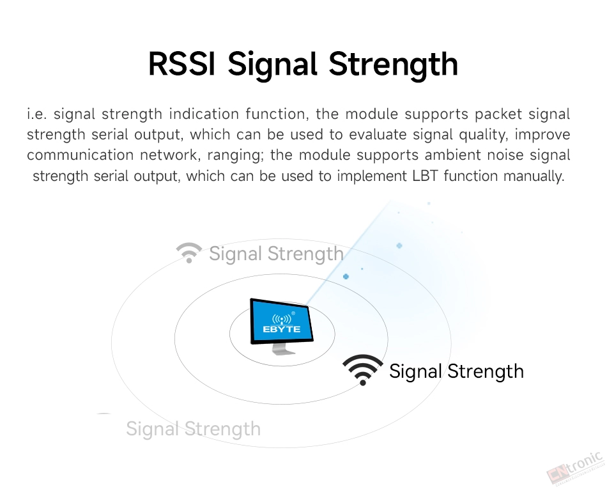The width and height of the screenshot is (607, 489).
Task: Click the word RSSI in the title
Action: (181, 64)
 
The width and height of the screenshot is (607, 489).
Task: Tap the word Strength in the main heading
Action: (394, 65)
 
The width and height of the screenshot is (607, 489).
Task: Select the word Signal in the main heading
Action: (272, 65)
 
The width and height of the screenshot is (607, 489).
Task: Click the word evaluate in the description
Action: (378, 134)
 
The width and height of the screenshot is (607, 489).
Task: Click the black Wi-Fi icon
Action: (363, 369)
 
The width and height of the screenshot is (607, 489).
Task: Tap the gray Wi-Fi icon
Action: (189, 252)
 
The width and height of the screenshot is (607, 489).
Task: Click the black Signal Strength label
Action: (456, 371)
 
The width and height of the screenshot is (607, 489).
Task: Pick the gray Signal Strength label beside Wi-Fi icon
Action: (277, 254)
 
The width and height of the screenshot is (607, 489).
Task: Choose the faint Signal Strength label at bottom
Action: (193, 429)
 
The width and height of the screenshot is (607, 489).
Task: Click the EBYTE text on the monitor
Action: (281, 329)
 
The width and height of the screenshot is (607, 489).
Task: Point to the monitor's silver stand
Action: (282, 349)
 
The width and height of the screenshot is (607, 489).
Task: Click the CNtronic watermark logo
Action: (575, 467)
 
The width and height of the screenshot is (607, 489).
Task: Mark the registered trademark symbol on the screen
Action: (293, 313)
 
